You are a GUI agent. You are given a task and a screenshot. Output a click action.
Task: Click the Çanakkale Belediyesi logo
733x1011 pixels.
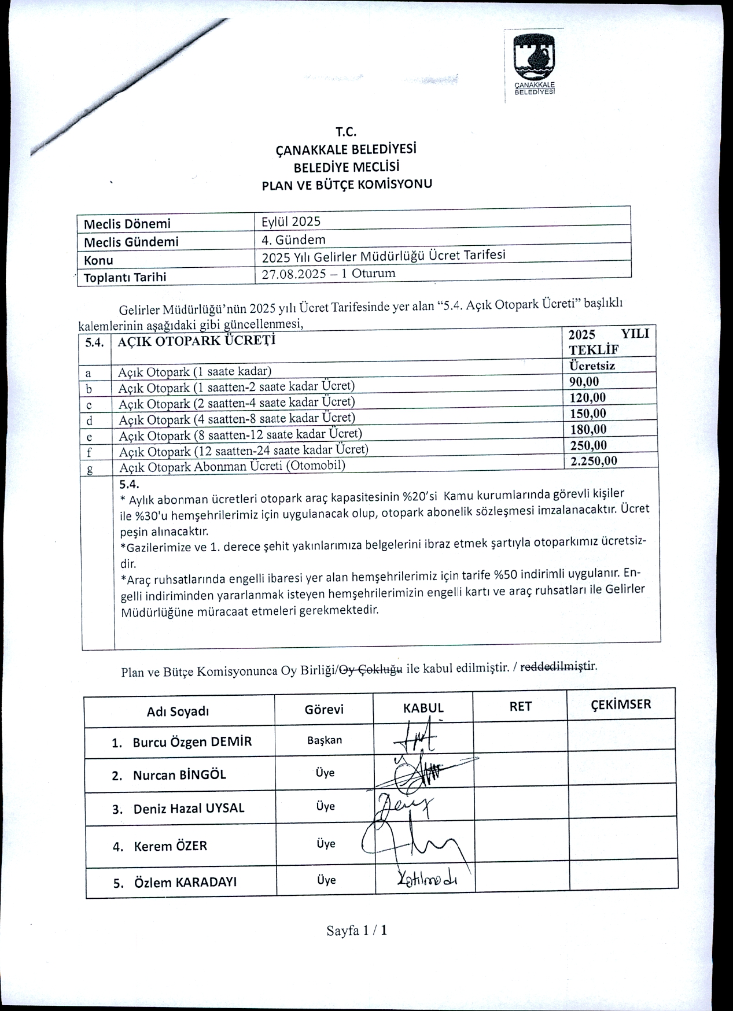[534, 64]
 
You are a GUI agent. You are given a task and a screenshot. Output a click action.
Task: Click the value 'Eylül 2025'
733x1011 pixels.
[291, 222]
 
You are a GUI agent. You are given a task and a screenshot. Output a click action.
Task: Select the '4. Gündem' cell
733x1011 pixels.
[294, 239]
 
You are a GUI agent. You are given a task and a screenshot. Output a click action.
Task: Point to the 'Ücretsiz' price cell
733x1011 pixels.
[592, 366]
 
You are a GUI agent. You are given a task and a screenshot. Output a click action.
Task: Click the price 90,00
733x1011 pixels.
[584, 382]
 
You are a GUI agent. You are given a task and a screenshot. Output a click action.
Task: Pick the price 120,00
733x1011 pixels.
[587, 397]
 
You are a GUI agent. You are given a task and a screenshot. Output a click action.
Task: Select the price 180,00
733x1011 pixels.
[588, 429]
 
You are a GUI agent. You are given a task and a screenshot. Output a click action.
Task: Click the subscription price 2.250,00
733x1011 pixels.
[594, 460]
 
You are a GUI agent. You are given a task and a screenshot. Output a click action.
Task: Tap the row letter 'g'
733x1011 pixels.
[90, 468]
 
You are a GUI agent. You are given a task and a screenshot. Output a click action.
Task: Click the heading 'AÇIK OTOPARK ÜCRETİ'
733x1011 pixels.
[197, 340]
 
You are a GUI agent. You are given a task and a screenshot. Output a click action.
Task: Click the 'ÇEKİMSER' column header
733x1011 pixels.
[620, 704]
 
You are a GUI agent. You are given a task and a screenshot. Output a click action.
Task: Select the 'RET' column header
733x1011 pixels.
[520, 706]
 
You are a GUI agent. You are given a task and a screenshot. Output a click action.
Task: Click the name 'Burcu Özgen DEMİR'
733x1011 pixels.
[192, 742]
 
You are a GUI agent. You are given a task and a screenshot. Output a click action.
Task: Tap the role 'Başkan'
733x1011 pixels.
[325, 740]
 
